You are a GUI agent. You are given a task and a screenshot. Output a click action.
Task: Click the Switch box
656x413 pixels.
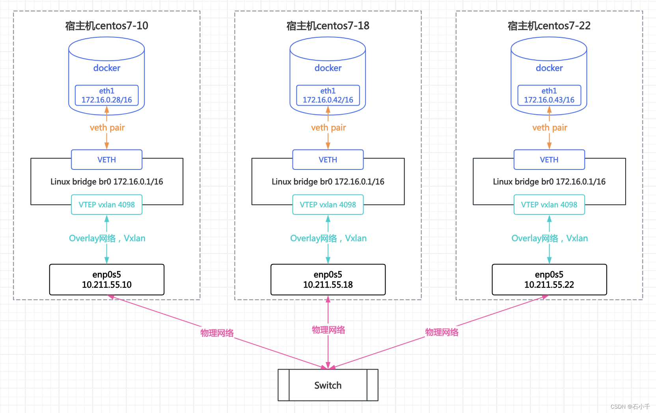coord(328,385)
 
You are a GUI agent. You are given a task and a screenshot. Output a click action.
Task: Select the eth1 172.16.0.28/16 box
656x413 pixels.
coord(106,95)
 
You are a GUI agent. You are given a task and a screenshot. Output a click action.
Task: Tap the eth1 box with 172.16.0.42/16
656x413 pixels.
coord(328,95)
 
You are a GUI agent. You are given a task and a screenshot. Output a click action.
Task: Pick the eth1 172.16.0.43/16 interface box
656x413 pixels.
coord(549,95)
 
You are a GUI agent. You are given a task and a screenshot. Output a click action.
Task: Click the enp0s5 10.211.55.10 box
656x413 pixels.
coord(106,279)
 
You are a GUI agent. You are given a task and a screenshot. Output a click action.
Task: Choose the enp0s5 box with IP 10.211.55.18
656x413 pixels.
coord(328,279)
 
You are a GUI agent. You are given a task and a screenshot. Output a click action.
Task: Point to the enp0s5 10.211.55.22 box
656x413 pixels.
coord(549,279)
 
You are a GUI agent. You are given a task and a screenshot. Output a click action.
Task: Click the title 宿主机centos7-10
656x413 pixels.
coord(106,26)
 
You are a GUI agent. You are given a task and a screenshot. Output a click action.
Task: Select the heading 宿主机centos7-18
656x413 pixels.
coord(328,26)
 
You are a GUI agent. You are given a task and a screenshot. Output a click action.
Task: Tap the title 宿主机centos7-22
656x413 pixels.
coord(549,26)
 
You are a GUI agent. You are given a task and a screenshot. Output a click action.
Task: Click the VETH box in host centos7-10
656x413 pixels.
coord(106,160)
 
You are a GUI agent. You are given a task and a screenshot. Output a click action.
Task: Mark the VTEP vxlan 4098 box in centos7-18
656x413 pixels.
coord(328,205)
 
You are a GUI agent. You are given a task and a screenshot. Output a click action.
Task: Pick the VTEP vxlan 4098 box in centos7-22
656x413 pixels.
coord(549,205)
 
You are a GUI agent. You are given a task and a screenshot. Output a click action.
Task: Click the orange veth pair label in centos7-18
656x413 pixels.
coord(328,128)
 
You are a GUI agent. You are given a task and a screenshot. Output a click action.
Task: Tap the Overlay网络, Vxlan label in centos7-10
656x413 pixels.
coord(107,238)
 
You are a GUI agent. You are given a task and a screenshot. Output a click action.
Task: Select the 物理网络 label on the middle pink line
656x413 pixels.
coord(328,330)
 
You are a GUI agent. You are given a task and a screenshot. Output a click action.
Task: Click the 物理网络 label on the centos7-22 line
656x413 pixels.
coord(442,332)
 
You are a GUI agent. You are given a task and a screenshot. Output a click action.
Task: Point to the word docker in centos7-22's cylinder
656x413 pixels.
coord(549,68)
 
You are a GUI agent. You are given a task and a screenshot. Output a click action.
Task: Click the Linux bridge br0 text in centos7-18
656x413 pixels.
coord(328,182)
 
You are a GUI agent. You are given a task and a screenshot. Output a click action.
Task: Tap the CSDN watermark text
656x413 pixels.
coord(630,406)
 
